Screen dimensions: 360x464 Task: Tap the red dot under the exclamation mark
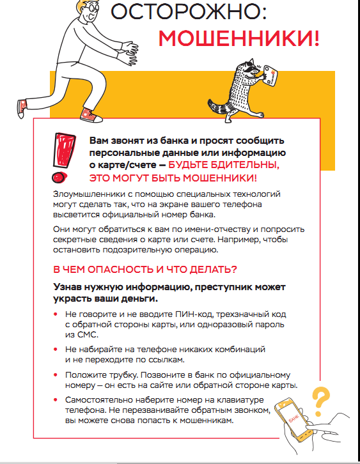point(61,178)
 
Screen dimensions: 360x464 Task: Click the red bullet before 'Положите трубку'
point(56,375)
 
